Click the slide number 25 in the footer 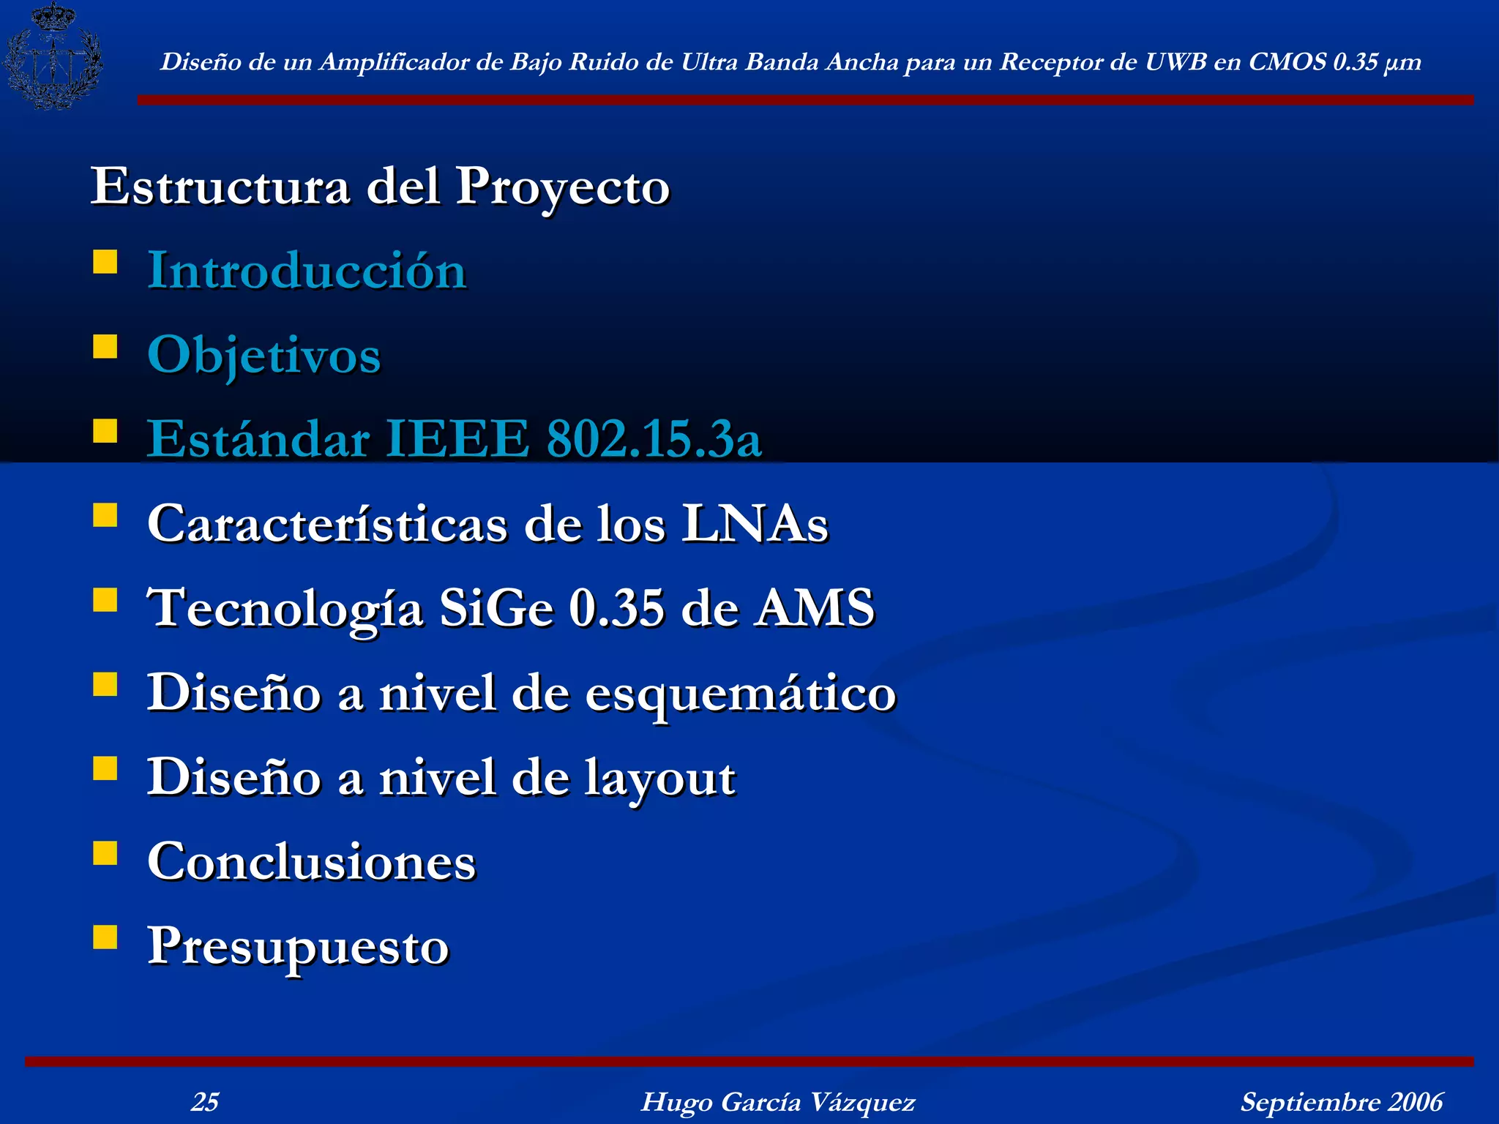point(205,1101)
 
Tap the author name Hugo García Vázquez point(777,1101)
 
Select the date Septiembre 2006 point(1341,1101)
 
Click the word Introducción point(307,271)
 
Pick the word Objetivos point(264,356)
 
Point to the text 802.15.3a point(654,439)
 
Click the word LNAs point(755,524)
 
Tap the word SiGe point(496,608)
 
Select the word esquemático point(740,694)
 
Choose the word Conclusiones point(312,861)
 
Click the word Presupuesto point(299,947)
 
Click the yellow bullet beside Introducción point(105,261)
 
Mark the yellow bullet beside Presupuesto point(105,937)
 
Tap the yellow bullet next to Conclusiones point(105,853)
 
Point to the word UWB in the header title point(1175,62)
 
